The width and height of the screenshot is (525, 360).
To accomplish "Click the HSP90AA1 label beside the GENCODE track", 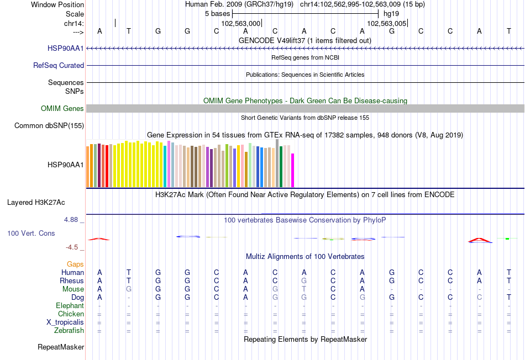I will [66, 49].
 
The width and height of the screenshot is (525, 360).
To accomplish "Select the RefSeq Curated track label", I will [59, 66].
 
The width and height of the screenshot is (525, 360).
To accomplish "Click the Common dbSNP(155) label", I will [49, 126].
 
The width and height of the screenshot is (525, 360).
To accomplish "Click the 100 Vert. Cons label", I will [31, 234].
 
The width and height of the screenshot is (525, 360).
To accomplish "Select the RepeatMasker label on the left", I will [61, 347].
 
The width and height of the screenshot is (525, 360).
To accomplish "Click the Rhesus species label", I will [72, 281].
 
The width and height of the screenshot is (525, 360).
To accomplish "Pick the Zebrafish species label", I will [69, 331].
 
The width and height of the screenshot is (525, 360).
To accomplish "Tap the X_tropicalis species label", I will [65, 322].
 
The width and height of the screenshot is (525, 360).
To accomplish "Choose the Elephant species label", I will [70, 306].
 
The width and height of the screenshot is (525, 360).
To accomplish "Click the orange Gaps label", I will [75, 264].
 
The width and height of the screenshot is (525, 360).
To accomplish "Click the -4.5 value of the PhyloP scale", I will [72, 247].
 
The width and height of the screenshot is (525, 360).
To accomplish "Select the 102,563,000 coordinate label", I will [240, 24].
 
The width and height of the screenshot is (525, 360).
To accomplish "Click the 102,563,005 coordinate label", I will [387, 24].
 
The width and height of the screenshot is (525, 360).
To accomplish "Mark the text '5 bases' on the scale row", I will [217, 13].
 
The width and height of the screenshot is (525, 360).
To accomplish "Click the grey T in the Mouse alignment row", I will [303, 289].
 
